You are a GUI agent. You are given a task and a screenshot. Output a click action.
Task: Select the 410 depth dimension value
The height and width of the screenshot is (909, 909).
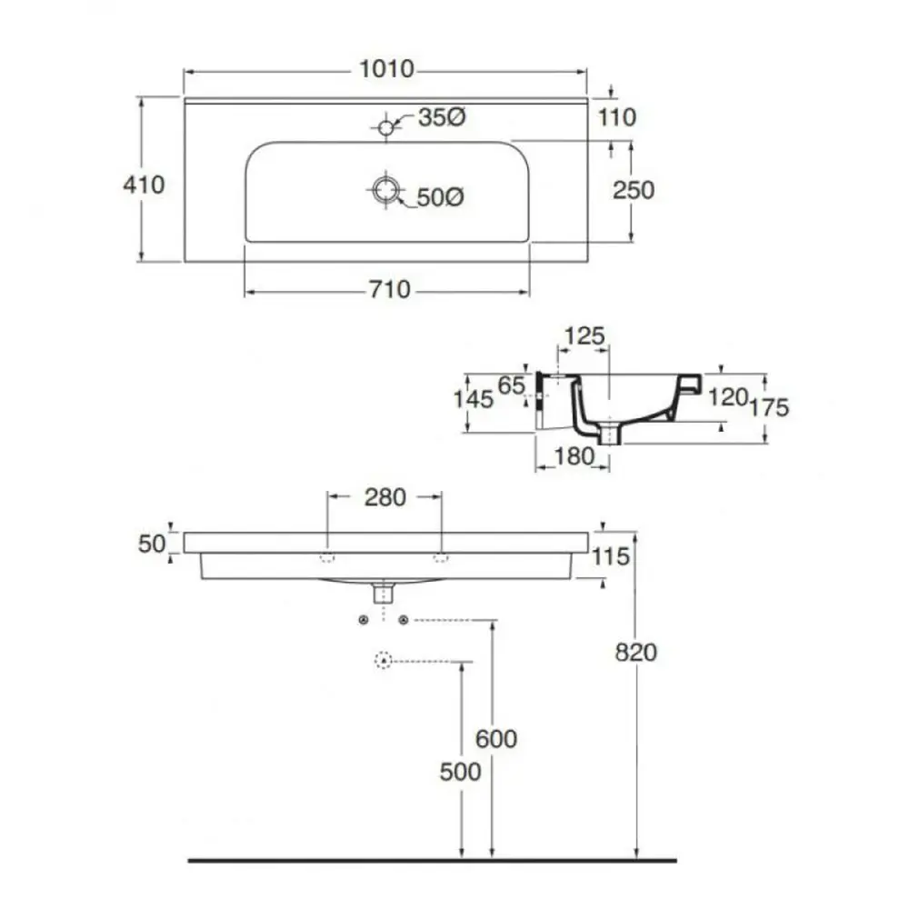[x=144, y=185]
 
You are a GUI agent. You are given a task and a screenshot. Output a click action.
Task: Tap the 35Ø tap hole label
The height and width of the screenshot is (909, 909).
[x=442, y=117]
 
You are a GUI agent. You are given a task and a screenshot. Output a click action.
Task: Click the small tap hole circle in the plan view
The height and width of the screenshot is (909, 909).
[x=386, y=127]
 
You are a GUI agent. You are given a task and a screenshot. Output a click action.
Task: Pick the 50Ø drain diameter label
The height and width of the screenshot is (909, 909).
[x=440, y=196]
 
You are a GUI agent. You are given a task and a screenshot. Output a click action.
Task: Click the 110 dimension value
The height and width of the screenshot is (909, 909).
[x=617, y=117]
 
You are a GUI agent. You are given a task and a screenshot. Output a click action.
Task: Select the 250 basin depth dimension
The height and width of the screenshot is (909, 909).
[x=634, y=189]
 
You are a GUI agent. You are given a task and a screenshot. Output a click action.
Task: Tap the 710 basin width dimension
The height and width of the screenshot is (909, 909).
[x=390, y=290]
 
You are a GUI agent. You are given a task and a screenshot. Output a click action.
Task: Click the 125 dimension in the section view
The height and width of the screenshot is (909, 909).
[x=584, y=336]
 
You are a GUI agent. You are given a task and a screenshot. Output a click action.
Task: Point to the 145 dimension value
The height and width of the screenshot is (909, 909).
[x=473, y=398]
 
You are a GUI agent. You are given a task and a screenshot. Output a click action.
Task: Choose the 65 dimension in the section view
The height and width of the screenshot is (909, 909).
[x=512, y=385]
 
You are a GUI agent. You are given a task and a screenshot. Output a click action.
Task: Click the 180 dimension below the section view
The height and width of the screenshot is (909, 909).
[x=574, y=456]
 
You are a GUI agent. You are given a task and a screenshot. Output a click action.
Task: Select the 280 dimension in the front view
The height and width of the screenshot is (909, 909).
[x=385, y=496]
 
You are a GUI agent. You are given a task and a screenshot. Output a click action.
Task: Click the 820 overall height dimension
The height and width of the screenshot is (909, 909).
[x=635, y=652]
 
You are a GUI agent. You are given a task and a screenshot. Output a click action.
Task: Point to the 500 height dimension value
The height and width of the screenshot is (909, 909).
[x=460, y=772]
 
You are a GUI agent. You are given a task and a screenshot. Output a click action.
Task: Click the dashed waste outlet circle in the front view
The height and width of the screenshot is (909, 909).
[x=384, y=661]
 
